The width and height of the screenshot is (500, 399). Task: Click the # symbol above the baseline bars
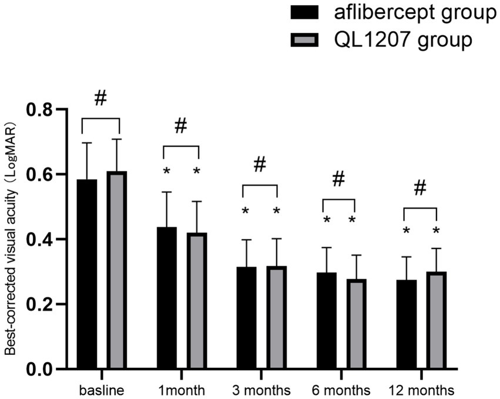click(x=100, y=98)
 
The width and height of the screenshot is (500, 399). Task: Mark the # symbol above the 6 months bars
click(x=338, y=179)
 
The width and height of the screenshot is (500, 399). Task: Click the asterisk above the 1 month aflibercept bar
click(x=166, y=172)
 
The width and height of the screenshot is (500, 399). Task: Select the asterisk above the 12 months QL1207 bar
click(x=436, y=231)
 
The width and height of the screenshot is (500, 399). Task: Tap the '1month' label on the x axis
click(x=182, y=390)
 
